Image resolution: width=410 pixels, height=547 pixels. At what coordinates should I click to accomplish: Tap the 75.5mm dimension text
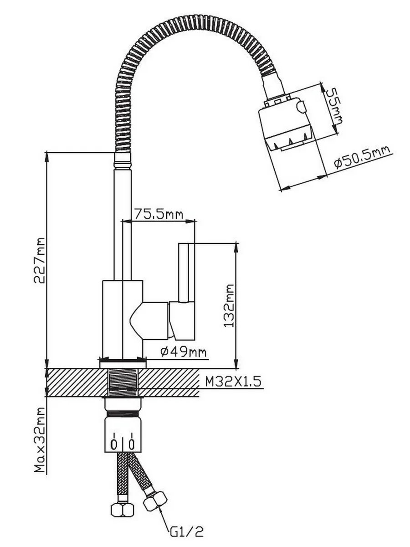[x=159, y=214]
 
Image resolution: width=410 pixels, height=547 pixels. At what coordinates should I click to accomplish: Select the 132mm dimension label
[x=229, y=305]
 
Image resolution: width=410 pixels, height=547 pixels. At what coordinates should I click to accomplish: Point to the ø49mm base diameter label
[x=184, y=352]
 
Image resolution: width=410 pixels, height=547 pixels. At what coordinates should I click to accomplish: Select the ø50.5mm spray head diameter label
[x=362, y=158]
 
